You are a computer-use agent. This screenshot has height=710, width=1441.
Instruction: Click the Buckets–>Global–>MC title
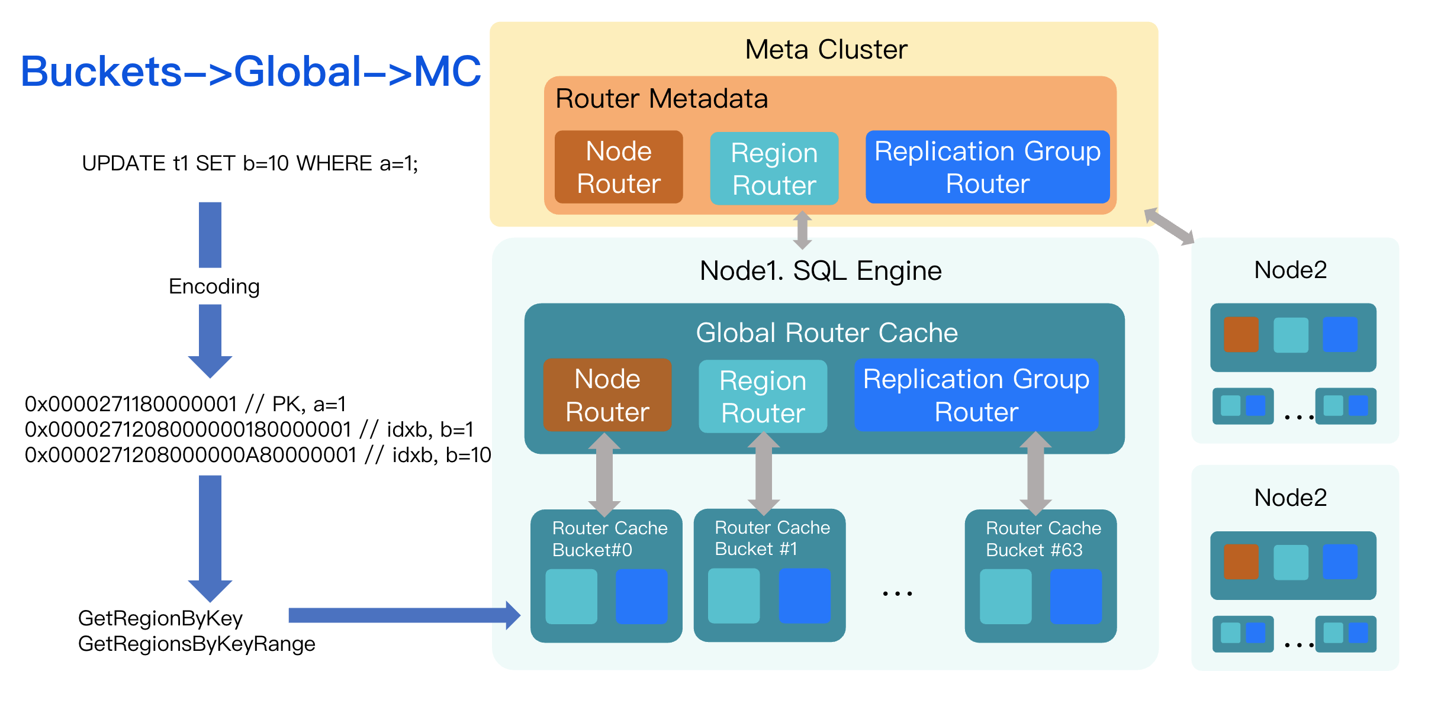[251, 72]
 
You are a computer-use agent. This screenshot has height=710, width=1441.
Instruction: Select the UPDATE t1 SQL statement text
[250, 163]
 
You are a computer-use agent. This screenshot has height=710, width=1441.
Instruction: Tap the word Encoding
[214, 286]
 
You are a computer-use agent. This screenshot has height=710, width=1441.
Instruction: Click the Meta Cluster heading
[826, 49]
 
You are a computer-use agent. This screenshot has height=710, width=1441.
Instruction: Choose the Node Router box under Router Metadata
[619, 167]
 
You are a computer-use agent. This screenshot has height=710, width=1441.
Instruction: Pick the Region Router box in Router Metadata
[774, 169]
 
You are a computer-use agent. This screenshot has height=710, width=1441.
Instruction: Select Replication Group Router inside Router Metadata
[987, 167]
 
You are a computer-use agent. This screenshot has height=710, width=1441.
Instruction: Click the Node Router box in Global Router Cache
[607, 395]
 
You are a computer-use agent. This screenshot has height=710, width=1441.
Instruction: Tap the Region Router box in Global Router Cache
[763, 396]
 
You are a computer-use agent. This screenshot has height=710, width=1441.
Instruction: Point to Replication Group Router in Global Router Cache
[976, 395]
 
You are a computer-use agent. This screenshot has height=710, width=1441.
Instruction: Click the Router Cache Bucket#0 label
[609, 539]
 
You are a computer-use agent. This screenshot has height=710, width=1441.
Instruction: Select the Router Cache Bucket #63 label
[1043, 539]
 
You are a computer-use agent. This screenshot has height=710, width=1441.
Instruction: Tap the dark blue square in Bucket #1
[804, 596]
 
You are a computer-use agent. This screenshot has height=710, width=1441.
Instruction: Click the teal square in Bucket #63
[1005, 596]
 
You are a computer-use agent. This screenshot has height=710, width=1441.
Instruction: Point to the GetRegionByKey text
[160, 618]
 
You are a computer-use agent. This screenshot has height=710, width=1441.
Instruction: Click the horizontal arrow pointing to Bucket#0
[403, 615]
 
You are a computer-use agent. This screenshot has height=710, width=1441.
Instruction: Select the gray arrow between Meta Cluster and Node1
[802, 230]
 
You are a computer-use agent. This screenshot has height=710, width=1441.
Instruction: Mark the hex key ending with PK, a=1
[185, 404]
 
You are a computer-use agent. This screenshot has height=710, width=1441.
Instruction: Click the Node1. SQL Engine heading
[821, 271]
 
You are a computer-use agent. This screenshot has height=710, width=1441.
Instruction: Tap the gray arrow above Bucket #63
[1035, 473]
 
